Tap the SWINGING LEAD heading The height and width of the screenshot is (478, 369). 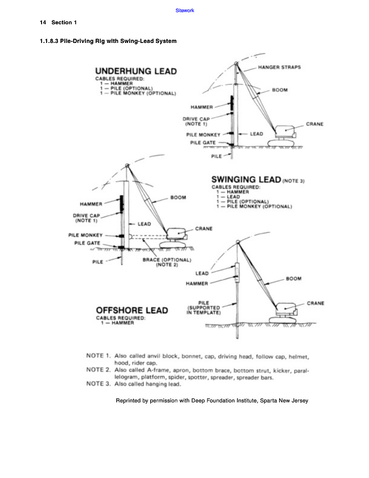tap(246, 180)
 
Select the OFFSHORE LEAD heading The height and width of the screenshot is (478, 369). tap(132, 310)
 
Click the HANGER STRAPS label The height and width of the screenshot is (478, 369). tap(279, 67)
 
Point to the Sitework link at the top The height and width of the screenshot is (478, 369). tap(185, 10)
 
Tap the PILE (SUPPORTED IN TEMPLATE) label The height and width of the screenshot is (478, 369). tap(203, 308)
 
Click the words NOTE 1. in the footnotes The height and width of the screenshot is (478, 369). tap(98, 356)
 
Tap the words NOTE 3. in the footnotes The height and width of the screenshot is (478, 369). tap(98, 384)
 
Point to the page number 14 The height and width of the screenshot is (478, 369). tap(43, 22)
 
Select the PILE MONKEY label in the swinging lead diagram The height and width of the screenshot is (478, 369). tap(85, 235)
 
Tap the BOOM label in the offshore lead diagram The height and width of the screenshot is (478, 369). tap(293, 279)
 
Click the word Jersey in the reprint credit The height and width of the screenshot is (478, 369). tap(299, 401)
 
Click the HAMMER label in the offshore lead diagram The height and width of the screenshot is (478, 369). tap(197, 283)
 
